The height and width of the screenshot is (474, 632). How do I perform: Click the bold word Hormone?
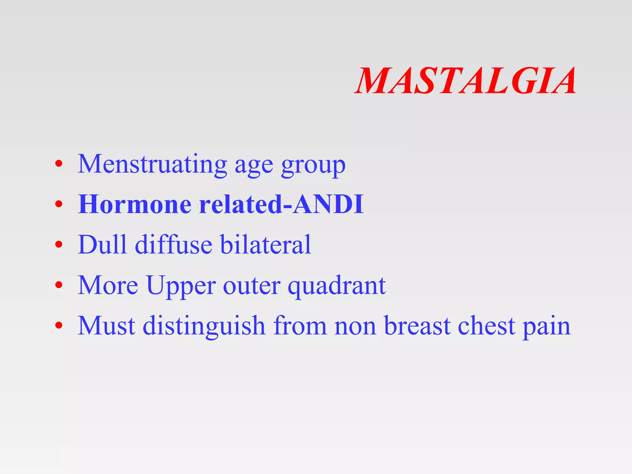pos(135,204)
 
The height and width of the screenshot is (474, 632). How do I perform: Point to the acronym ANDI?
pos(328,204)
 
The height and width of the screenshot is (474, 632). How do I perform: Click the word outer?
pos(252,286)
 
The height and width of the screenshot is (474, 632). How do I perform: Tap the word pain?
pos(546,327)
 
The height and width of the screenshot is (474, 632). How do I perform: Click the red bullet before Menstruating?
pos(59,164)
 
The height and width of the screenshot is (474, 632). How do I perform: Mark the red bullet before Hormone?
pos(59,204)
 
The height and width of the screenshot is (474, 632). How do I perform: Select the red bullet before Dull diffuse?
pos(59,245)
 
